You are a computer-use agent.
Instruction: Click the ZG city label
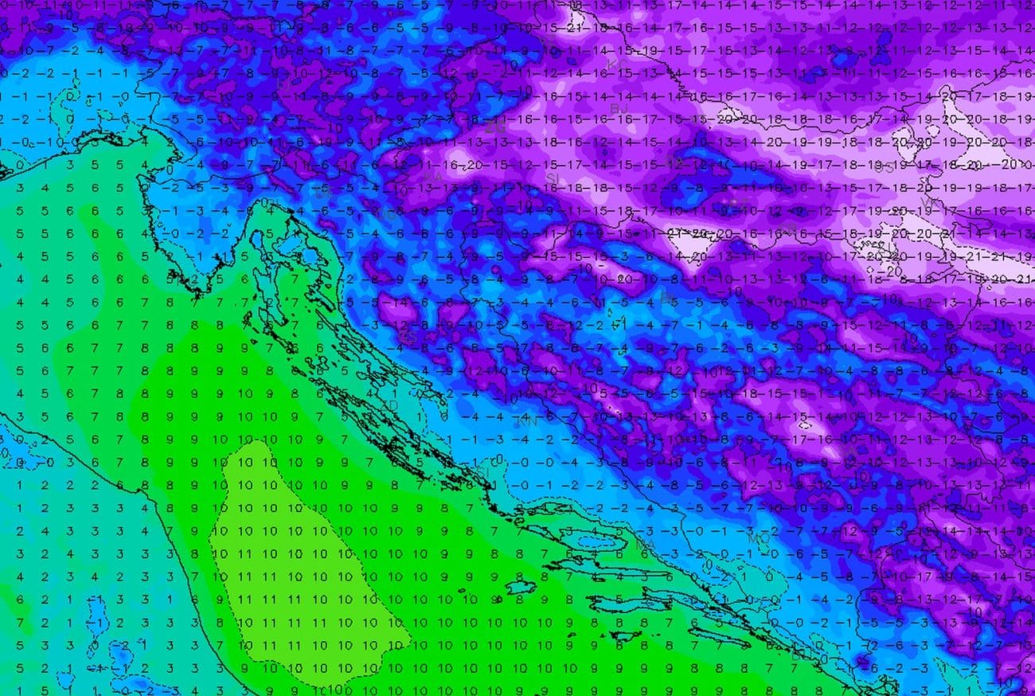click(495, 126)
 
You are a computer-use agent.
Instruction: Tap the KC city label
click(612, 63)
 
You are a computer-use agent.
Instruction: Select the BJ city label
click(619, 107)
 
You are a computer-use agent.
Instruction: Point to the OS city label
click(885, 168)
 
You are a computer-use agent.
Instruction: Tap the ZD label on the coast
click(390, 405)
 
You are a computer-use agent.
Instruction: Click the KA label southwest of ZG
click(433, 177)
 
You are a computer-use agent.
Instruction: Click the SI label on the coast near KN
click(483, 472)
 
